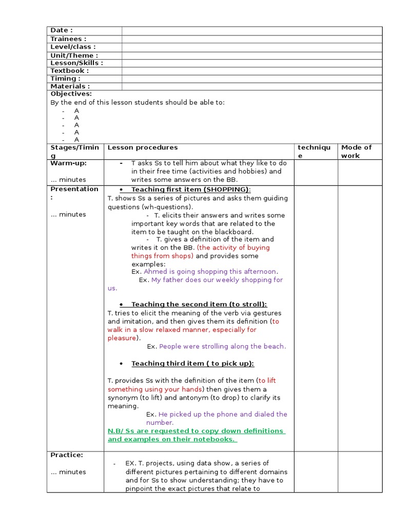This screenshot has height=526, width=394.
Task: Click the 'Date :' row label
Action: (62, 31)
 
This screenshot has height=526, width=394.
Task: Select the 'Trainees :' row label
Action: (68, 39)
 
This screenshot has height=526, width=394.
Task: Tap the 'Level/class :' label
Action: (73, 47)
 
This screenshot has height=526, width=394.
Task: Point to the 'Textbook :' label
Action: (69, 71)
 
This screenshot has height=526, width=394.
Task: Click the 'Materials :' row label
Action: (70, 86)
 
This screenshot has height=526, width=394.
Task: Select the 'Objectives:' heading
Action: (71, 94)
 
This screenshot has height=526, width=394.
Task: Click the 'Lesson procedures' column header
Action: (143, 147)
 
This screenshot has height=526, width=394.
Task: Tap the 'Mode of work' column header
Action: (356, 152)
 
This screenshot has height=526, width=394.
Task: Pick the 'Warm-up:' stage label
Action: (68, 163)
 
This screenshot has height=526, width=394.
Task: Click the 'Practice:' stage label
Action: (67, 455)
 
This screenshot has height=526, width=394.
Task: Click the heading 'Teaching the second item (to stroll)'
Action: (199, 304)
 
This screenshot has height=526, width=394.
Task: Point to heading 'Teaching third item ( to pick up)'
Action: (192, 364)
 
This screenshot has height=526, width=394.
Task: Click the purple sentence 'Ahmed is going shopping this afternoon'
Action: (210, 272)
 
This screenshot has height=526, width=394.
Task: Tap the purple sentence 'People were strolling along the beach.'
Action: (223, 347)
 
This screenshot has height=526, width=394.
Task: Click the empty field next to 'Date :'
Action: (251, 31)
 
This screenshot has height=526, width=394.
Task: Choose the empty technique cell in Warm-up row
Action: (316, 172)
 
